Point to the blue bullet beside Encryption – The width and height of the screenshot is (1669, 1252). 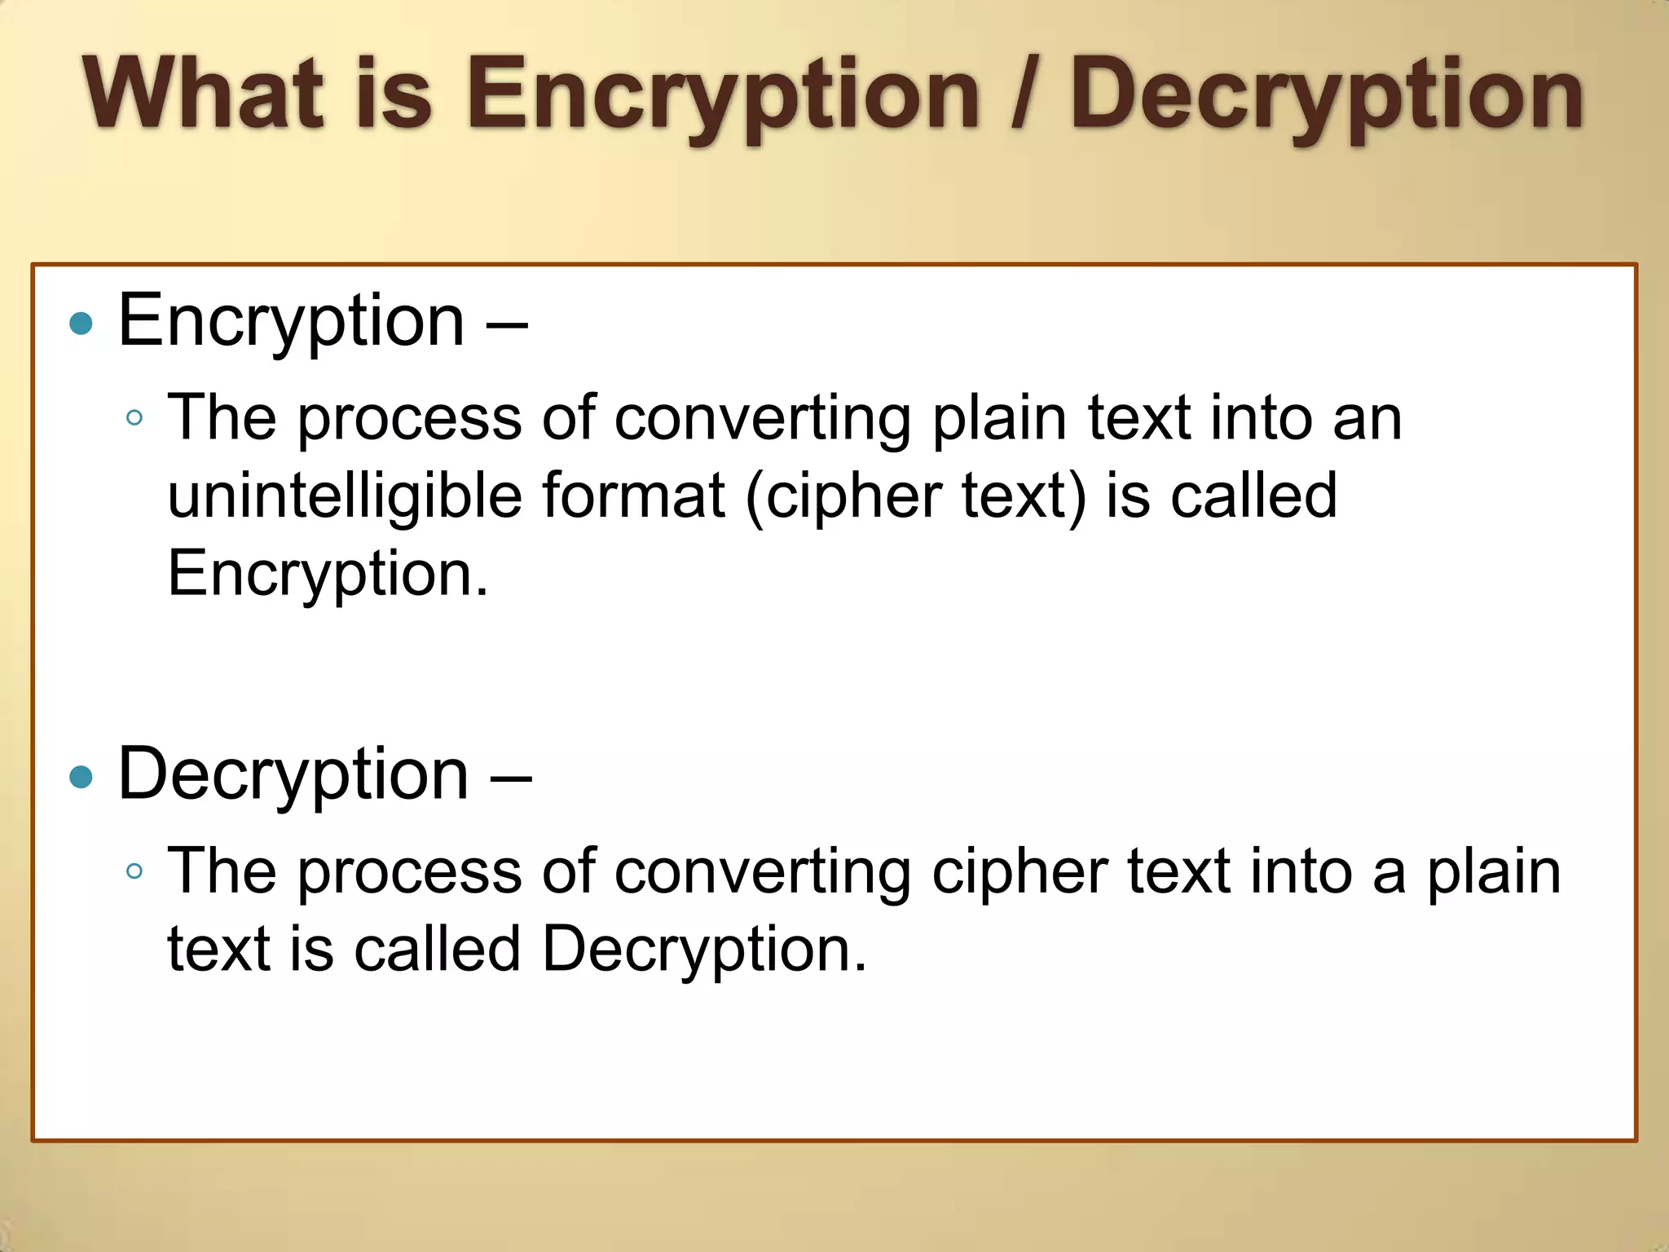pos(81,324)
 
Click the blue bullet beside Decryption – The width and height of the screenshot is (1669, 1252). pos(81,777)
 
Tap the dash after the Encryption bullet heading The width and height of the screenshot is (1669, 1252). pos(507,324)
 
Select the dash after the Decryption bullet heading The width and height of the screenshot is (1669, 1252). pos(511,777)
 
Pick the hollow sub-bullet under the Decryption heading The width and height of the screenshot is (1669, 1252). pos(135,871)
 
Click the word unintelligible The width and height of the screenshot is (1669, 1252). pos(345,496)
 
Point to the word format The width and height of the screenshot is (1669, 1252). pos(633,496)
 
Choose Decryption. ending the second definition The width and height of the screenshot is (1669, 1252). pos(704,950)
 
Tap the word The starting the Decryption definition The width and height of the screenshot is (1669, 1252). pos(222,871)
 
